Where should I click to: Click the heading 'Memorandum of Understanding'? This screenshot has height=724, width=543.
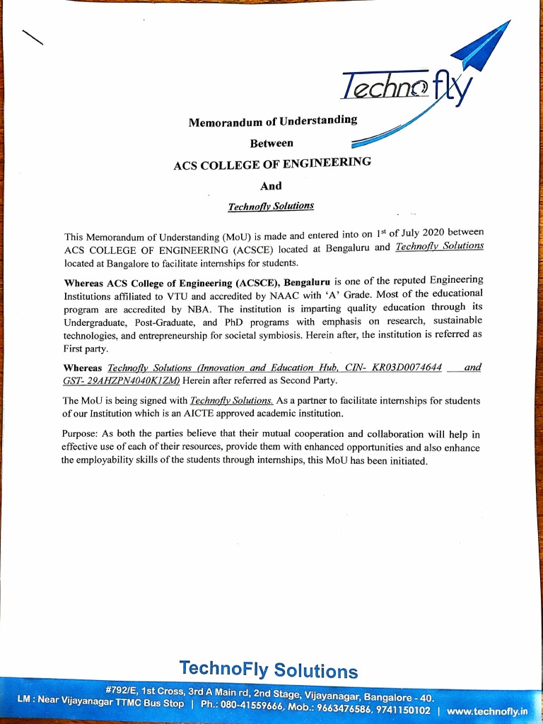[272, 122]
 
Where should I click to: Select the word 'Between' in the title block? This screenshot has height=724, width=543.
[271, 144]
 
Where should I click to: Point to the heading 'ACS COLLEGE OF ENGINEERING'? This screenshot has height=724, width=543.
[272, 164]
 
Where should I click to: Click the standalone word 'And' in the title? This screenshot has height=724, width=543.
[271, 186]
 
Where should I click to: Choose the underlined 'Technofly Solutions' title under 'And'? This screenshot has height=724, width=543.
[271, 206]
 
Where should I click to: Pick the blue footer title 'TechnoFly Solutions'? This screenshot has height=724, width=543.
[269, 669]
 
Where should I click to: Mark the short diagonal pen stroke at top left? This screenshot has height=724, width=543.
[33, 37]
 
